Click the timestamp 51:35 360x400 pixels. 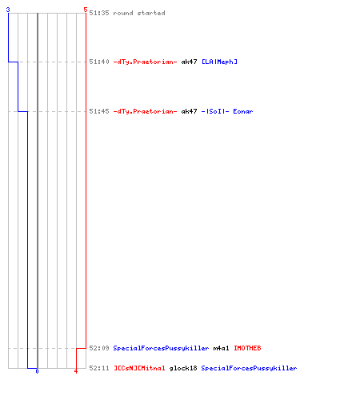[99, 13]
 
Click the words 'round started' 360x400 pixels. [139, 13]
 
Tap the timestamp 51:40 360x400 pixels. [99, 62]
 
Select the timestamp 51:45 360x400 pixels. [99, 111]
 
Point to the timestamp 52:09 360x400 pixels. [99, 348]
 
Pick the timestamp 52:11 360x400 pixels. [99, 368]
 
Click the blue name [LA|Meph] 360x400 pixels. [219, 62]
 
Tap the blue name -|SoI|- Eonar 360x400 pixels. [227, 111]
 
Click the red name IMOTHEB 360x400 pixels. [247, 348]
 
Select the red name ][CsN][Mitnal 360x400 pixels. [139, 368]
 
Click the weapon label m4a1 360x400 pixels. [221, 348]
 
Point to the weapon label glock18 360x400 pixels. [183, 368]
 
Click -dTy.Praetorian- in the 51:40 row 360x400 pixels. [145, 62]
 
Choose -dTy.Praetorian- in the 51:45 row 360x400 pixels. [145, 111]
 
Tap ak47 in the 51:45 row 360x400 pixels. [189, 111]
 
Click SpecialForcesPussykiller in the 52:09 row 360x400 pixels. [161, 348]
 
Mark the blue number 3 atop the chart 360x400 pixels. [8, 10]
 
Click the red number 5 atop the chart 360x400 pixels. [86, 10]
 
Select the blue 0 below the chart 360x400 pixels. [37, 371]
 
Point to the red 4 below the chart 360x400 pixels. [76, 371]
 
